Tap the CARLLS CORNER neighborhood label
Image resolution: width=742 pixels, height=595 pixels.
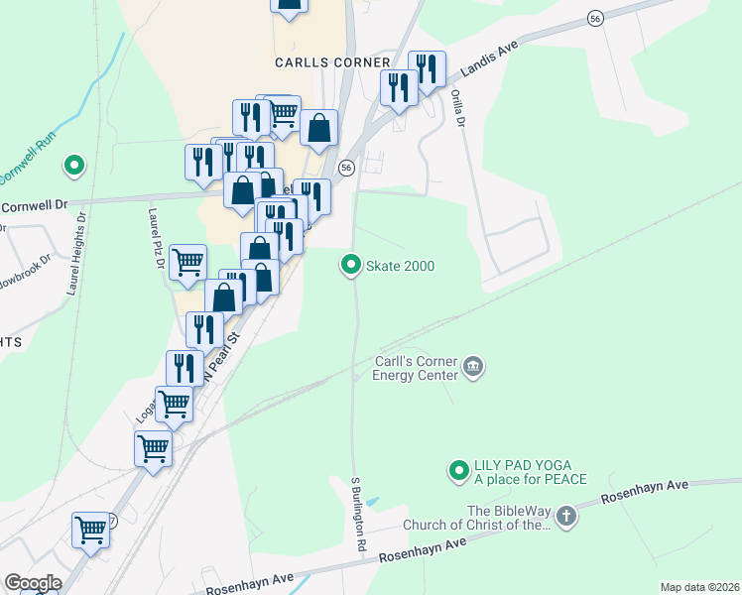(314, 61)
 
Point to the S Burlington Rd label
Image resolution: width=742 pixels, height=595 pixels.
(359, 514)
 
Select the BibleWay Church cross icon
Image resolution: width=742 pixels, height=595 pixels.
(565, 516)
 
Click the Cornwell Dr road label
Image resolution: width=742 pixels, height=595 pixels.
(34, 206)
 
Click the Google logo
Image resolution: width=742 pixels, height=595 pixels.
(32, 583)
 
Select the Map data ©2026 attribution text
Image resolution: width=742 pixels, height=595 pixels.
(698, 587)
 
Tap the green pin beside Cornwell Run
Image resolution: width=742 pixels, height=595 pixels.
(72, 166)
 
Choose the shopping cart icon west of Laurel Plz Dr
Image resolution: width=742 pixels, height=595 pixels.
(187, 262)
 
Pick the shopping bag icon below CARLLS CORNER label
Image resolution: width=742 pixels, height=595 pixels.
(319, 128)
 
